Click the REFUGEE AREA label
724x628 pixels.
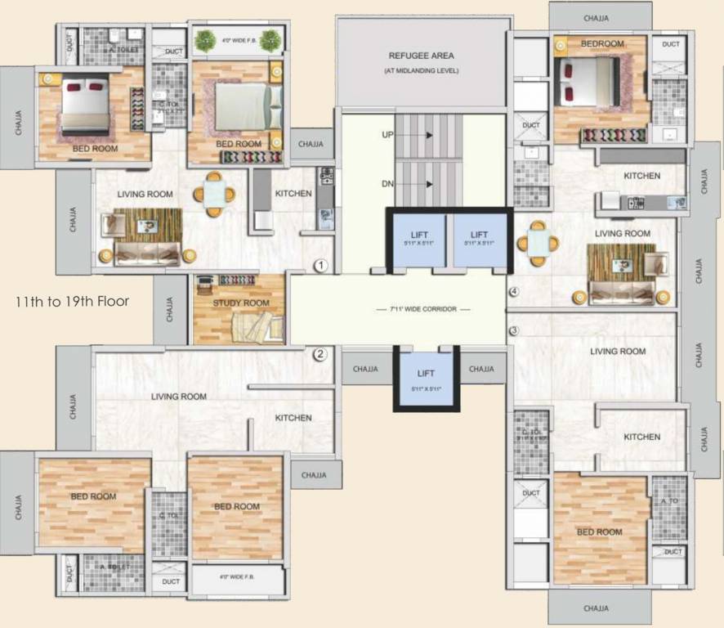click(421, 56)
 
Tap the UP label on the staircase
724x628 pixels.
click(387, 133)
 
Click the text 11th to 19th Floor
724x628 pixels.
click(73, 301)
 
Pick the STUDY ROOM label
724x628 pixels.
click(240, 303)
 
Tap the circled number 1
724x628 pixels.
click(321, 266)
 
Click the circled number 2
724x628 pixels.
click(320, 354)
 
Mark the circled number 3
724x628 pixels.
click(514, 330)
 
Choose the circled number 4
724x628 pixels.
click(514, 292)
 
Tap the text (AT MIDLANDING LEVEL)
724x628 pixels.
click(422, 72)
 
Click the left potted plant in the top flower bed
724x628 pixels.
click(206, 38)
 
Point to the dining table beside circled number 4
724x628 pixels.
click(540, 243)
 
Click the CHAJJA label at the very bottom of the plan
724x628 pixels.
click(596, 608)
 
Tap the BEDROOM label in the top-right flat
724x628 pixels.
click(602, 43)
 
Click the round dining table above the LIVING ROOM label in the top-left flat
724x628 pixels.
click(214, 194)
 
